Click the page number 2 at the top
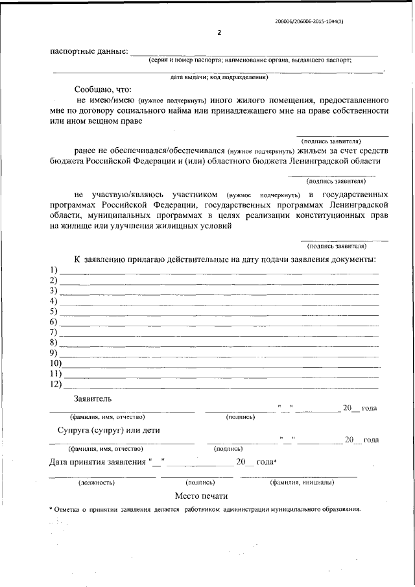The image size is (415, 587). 219,33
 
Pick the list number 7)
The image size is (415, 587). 54,332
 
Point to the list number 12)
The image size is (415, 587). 56,384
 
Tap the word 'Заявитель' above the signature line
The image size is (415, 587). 93,397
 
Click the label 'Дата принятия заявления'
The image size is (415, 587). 97,462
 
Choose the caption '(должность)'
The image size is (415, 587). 97,483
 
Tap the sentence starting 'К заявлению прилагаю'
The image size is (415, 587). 224,259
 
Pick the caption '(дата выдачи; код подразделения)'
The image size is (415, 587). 219,77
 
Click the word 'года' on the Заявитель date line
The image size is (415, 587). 369,408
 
